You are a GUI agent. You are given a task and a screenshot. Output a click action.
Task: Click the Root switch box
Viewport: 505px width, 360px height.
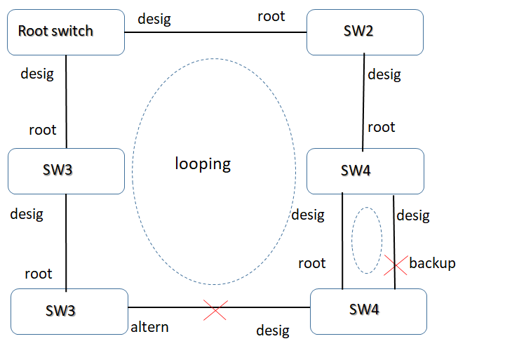[x=66, y=32]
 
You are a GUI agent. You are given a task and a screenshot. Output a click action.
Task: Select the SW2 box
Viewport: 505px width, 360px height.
[x=365, y=32]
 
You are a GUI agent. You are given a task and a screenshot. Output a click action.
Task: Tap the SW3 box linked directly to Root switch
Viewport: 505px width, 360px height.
[x=66, y=171]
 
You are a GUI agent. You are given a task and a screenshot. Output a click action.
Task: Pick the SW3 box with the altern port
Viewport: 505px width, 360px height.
[x=69, y=311]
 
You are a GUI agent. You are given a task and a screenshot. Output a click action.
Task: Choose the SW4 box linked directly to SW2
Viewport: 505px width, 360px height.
[x=365, y=171]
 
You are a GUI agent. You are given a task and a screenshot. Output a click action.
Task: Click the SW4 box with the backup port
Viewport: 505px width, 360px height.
[x=368, y=310]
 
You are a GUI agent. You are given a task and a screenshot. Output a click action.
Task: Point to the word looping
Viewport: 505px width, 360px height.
[x=203, y=164]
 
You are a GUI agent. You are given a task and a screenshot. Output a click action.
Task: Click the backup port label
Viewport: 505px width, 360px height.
[x=432, y=263]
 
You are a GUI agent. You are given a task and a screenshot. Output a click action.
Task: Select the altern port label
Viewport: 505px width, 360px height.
[x=149, y=328]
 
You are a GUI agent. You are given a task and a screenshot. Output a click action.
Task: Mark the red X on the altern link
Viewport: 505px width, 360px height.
[x=215, y=309]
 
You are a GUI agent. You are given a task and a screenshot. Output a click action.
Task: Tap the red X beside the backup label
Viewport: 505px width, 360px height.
[x=395, y=265]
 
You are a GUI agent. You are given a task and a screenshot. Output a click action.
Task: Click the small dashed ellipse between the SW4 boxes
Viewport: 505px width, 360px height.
[x=366, y=240]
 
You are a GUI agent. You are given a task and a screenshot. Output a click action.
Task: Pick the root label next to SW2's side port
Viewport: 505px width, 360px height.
[x=271, y=16]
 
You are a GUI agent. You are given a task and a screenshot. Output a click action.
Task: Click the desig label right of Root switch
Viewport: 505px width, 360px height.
[x=154, y=20]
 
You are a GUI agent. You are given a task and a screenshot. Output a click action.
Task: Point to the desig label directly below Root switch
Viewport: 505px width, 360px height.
[x=37, y=73]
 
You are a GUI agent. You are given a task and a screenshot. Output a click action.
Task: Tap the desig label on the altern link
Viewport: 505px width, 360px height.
[x=273, y=330]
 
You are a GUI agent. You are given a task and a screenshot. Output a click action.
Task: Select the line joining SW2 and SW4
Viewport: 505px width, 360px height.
[x=364, y=102]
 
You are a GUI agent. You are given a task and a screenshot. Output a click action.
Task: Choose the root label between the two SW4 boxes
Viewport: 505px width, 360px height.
[x=311, y=263]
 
